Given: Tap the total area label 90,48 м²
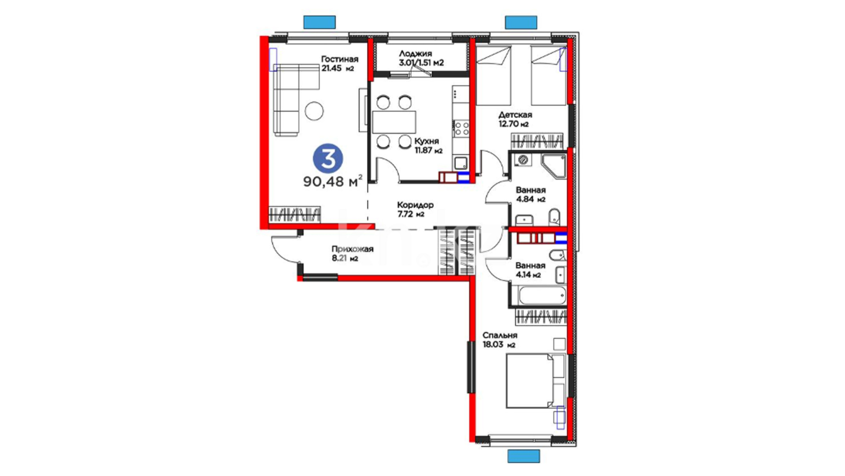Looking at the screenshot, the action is pyautogui.click(x=333, y=181).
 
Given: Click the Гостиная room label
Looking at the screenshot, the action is pyautogui.click(x=339, y=59).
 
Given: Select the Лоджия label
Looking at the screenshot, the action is pyautogui.click(x=415, y=54).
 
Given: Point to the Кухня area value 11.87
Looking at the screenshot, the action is pyautogui.click(x=424, y=151).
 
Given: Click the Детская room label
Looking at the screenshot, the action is pyautogui.click(x=515, y=115).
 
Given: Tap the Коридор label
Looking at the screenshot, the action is pyautogui.click(x=415, y=205).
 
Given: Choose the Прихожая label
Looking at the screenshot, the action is pyautogui.click(x=353, y=249).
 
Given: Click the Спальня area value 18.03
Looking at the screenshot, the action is pyautogui.click(x=492, y=345).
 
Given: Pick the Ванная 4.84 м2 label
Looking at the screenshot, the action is pyautogui.click(x=531, y=194).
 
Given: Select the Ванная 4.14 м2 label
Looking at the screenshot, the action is pyautogui.click(x=530, y=270).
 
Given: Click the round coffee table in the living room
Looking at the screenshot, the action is pyautogui.click(x=314, y=111).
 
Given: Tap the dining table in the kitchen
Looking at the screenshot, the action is pyautogui.click(x=394, y=122).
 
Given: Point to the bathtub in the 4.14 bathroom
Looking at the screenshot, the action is pyautogui.click(x=542, y=296).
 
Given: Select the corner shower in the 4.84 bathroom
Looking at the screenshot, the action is pyautogui.click(x=554, y=167).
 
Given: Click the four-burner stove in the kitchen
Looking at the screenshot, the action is pyautogui.click(x=461, y=129).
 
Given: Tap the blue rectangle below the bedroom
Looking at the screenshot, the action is pyautogui.click(x=524, y=456).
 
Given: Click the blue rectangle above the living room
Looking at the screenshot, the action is pyautogui.click(x=320, y=22).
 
